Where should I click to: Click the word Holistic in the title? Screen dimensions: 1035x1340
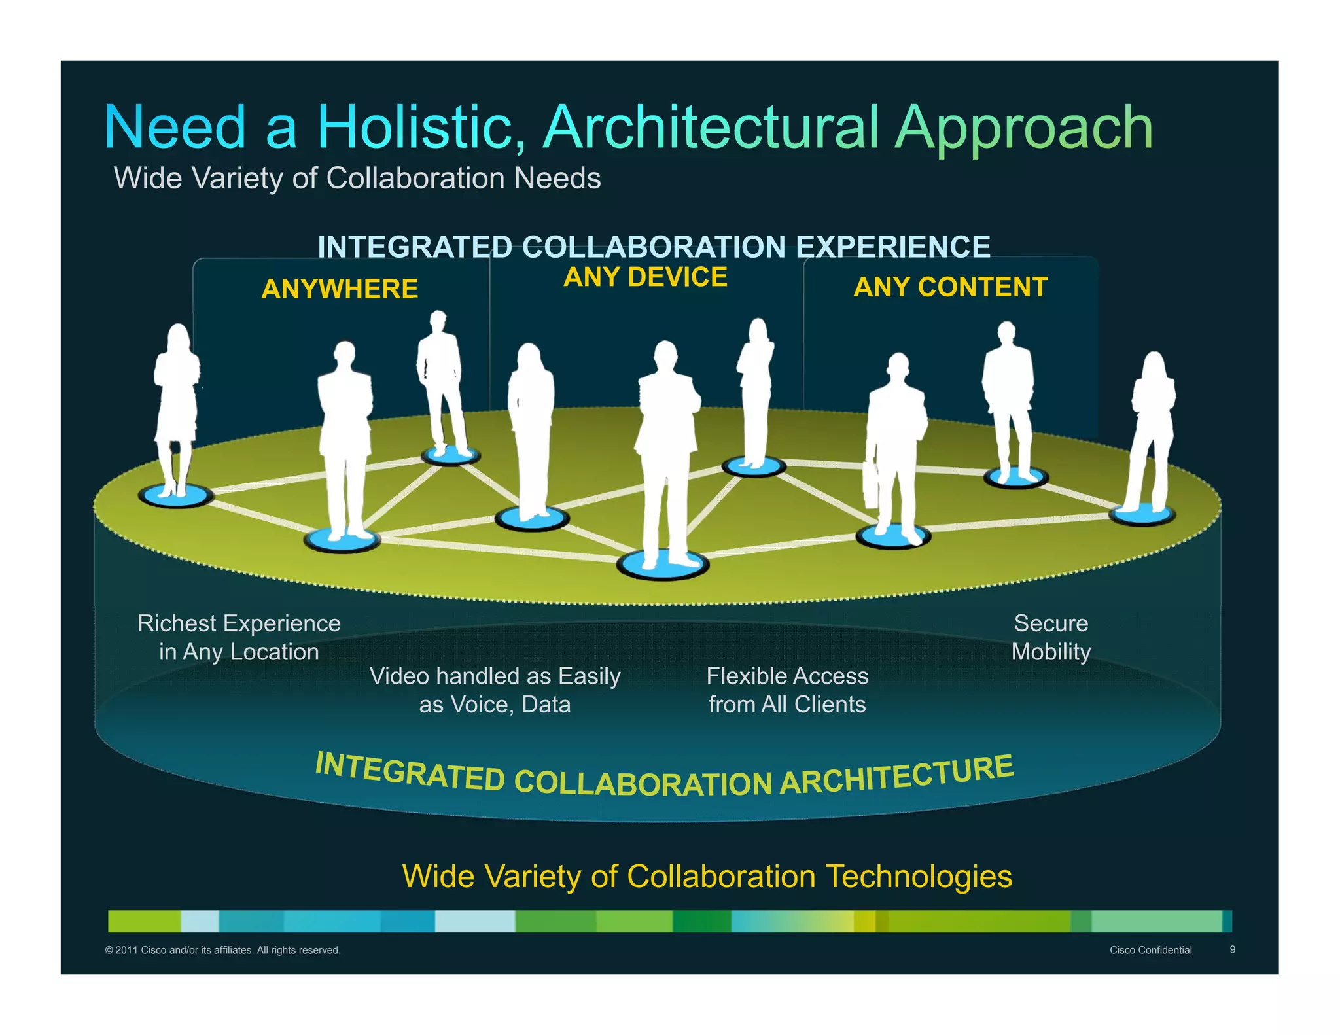422,128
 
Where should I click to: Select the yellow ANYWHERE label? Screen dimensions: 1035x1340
340,289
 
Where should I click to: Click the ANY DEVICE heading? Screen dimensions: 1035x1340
645,277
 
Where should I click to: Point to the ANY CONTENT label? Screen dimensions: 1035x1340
950,287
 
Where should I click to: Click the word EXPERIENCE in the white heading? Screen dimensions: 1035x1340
892,247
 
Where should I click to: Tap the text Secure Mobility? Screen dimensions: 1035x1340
1051,637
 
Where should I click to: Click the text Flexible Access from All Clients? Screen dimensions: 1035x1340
787,690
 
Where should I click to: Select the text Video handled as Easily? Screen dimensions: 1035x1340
495,676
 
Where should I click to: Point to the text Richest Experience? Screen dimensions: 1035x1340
239,623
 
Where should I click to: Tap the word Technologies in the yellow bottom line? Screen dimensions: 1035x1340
919,877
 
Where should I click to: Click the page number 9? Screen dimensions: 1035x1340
1232,949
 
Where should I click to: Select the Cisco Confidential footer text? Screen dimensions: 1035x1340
1150,950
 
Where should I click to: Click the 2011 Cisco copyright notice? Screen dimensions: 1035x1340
222,950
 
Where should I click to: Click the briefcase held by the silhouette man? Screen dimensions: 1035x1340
871,485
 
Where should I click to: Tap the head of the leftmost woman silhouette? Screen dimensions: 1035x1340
178,338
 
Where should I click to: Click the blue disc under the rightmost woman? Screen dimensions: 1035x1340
1142,516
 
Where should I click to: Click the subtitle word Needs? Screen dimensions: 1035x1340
557,179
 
